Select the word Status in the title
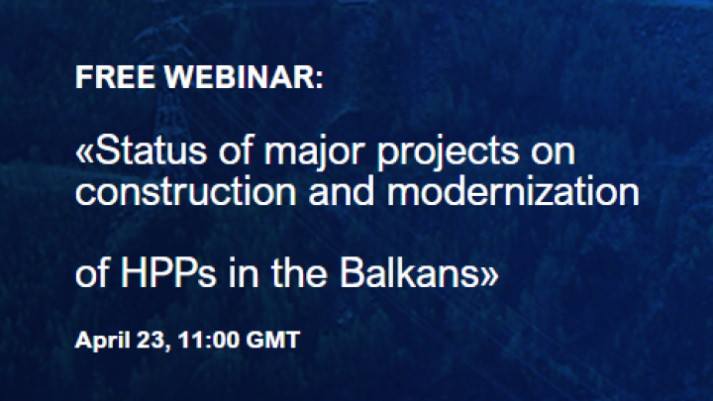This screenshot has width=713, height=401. [151, 150]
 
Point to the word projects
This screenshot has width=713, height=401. [448, 153]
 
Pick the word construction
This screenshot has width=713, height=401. [186, 192]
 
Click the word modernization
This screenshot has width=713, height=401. [513, 192]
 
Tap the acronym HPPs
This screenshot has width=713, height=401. [168, 273]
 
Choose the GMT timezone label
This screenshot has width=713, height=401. [273, 340]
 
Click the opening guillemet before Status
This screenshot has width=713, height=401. [84, 153]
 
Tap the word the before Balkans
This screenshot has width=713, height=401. [300, 273]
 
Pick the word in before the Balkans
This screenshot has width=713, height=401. [245, 273]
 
